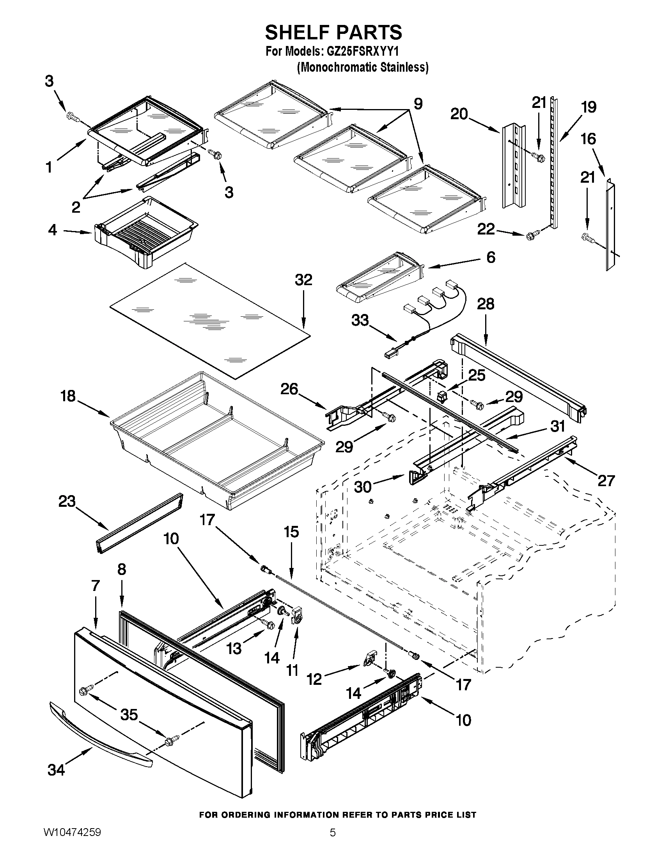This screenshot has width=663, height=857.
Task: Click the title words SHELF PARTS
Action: coord(333,32)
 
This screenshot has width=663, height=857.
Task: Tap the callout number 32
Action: coord(303,280)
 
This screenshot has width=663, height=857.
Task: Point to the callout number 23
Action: coord(67,501)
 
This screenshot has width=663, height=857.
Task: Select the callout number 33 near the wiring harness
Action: coord(360,320)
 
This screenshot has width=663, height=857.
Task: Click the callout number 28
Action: coord(486,304)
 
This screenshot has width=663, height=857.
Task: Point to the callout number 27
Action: coord(606,480)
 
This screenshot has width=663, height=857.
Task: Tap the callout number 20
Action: coord(459,114)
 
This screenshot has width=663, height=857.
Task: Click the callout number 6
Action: coord(491,257)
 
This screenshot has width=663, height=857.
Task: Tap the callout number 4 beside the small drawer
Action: coord(52,229)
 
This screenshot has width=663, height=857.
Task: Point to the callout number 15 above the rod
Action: coord(291,532)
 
